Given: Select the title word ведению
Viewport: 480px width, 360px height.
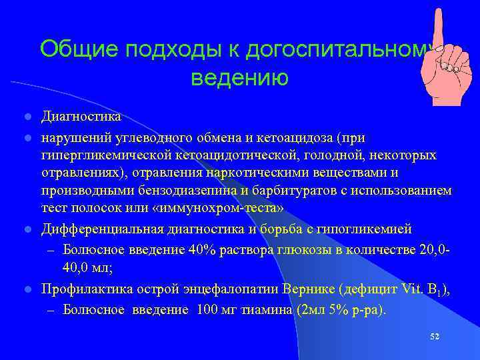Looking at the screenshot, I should click(239, 79).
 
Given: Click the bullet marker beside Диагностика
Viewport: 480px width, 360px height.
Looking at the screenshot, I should click(27, 117).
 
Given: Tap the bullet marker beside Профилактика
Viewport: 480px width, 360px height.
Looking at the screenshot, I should click(27, 291).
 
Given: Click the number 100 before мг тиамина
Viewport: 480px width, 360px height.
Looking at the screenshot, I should click(209, 310).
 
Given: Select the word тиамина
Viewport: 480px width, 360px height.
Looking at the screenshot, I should click(266, 310).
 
